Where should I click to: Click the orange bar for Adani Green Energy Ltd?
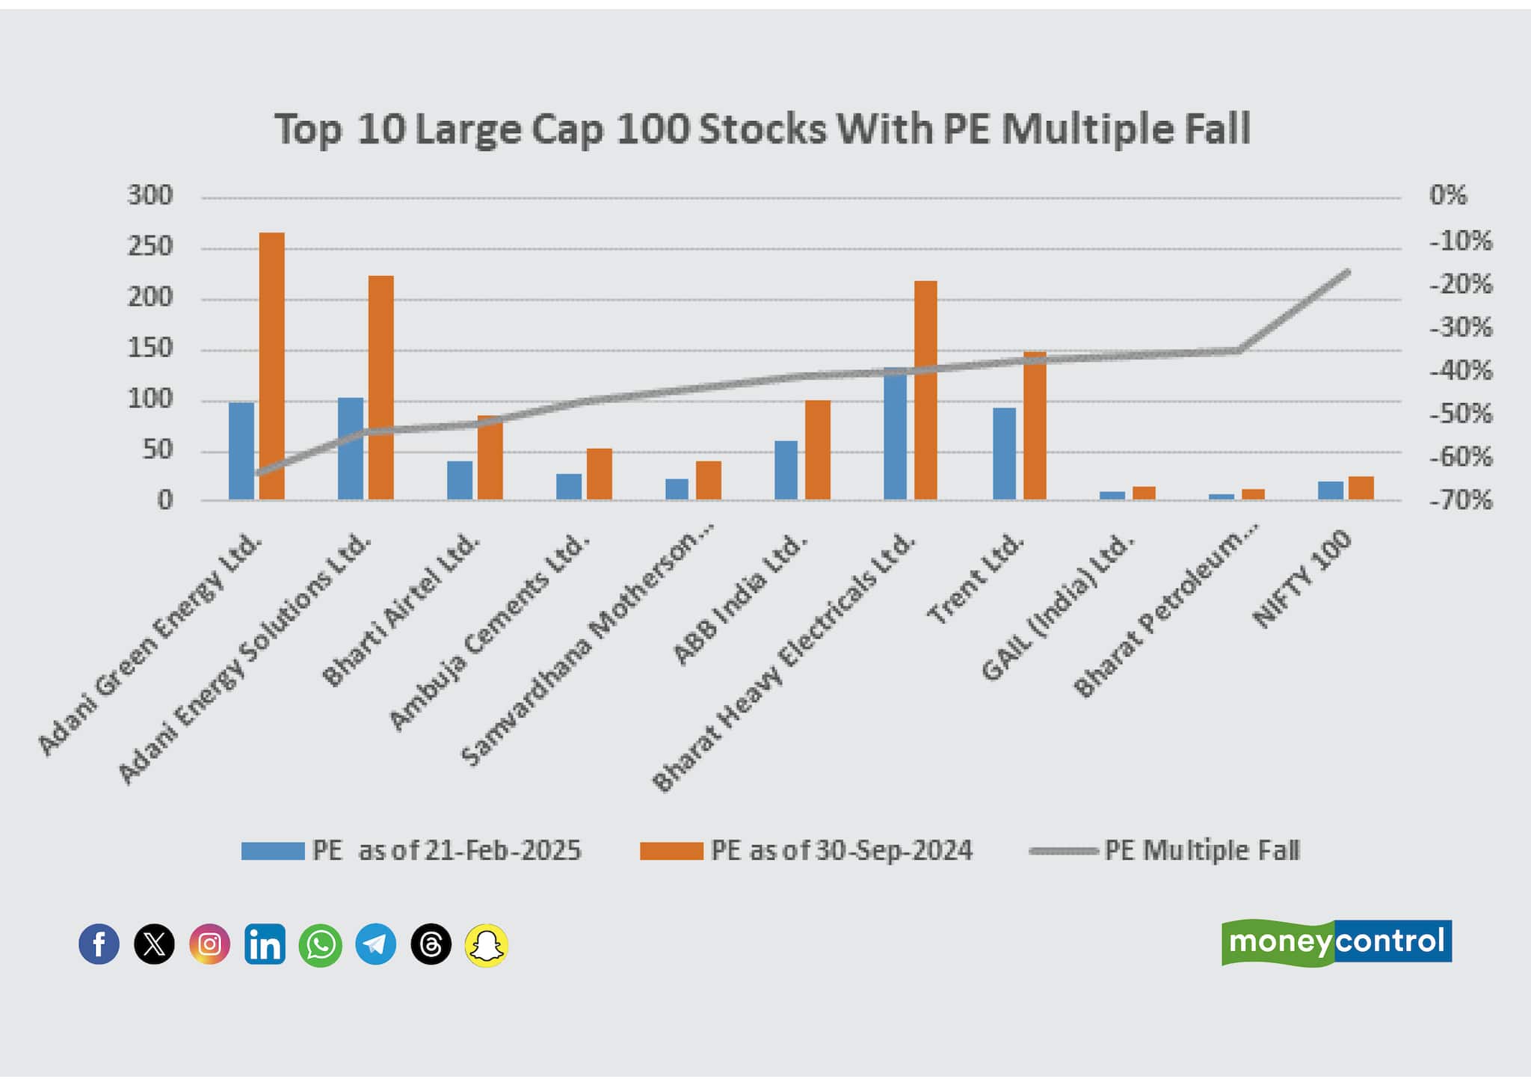(x=271, y=366)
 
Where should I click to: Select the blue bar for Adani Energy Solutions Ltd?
(x=351, y=448)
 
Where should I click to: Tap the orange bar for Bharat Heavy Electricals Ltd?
(x=925, y=390)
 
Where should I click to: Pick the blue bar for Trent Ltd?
(x=1004, y=453)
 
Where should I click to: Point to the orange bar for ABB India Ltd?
(x=817, y=449)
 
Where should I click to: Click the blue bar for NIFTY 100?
(x=1330, y=490)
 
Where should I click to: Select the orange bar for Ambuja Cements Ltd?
(x=599, y=473)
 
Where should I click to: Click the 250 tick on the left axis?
(x=150, y=247)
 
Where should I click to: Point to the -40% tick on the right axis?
(x=1460, y=370)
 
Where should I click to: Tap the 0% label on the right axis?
(x=1448, y=196)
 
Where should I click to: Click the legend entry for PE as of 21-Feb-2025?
(x=411, y=851)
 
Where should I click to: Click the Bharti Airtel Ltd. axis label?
(x=401, y=609)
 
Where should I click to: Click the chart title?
(x=762, y=129)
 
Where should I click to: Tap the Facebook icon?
(x=99, y=944)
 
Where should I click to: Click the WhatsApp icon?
(x=320, y=944)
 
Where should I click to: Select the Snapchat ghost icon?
(x=486, y=944)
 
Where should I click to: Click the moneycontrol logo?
(x=1336, y=942)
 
